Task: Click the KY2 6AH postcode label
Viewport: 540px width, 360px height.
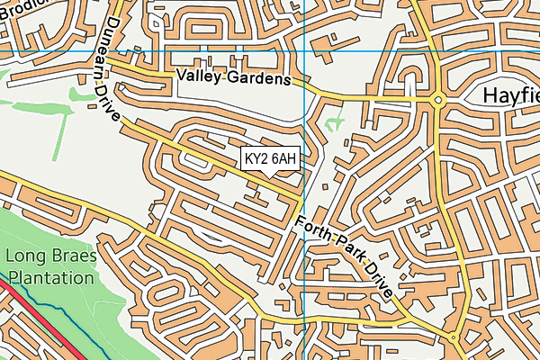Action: pos(271,159)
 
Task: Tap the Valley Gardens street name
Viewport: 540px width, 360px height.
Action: pos(235,78)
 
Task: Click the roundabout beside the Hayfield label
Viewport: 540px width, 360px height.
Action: pos(438,100)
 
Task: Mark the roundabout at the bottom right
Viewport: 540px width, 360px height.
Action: pos(455,339)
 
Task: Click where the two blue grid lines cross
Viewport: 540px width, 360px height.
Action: pos(304,50)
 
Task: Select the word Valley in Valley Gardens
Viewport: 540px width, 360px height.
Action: pos(198,78)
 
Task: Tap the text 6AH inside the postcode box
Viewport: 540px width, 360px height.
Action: pos(283,159)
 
